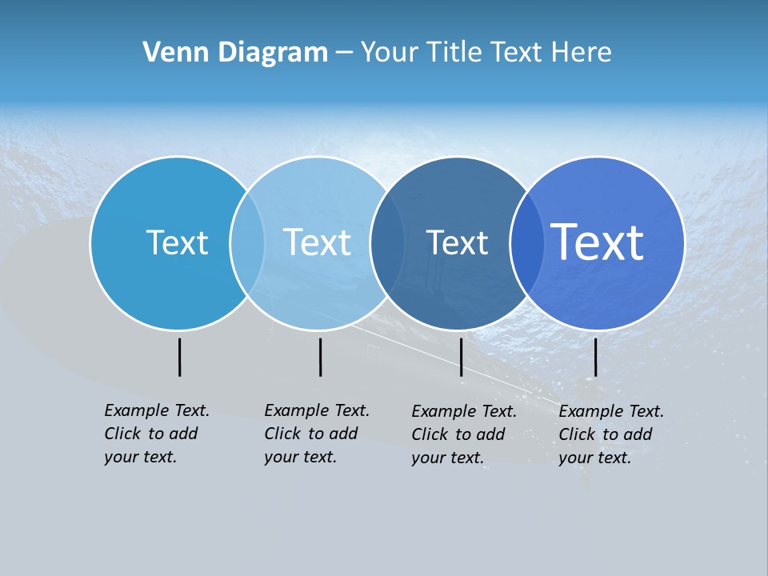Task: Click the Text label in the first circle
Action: (x=177, y=242)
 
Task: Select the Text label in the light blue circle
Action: (x=317, y=242)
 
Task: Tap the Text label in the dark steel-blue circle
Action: (x=457, y=242)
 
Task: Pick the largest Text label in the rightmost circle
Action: (x=597, y=242)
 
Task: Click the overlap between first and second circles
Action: (x=247, y=242)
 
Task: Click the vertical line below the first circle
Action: (x=179, y=357)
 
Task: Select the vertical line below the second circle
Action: (x=320, y=357)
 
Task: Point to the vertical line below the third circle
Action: (x=461, y=357)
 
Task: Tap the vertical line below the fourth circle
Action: (x=595, y=357)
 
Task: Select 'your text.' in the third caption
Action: (x=447, y=458)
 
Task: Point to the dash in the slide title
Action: (x=344, y=53)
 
